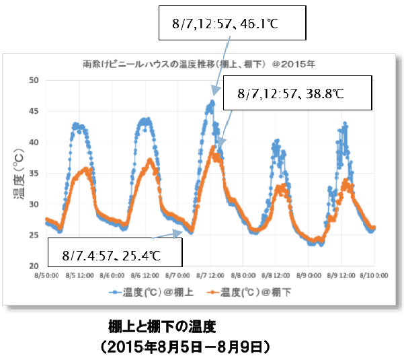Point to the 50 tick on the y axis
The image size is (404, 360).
[x=34, y=80]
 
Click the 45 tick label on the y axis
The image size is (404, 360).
[x=34, y=111]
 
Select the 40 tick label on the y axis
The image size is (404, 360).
[x=34, y=142]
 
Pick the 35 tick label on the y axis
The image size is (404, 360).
[x=34, y=173]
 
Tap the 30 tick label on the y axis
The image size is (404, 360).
[x=34, y=204]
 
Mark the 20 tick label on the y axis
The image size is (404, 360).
[x=34, y=266]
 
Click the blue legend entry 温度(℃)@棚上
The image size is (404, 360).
[x=153, y=293]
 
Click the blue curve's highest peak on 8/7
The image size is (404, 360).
[x=212, y=102]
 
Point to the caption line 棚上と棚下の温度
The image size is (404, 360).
[x=161, y=327]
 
